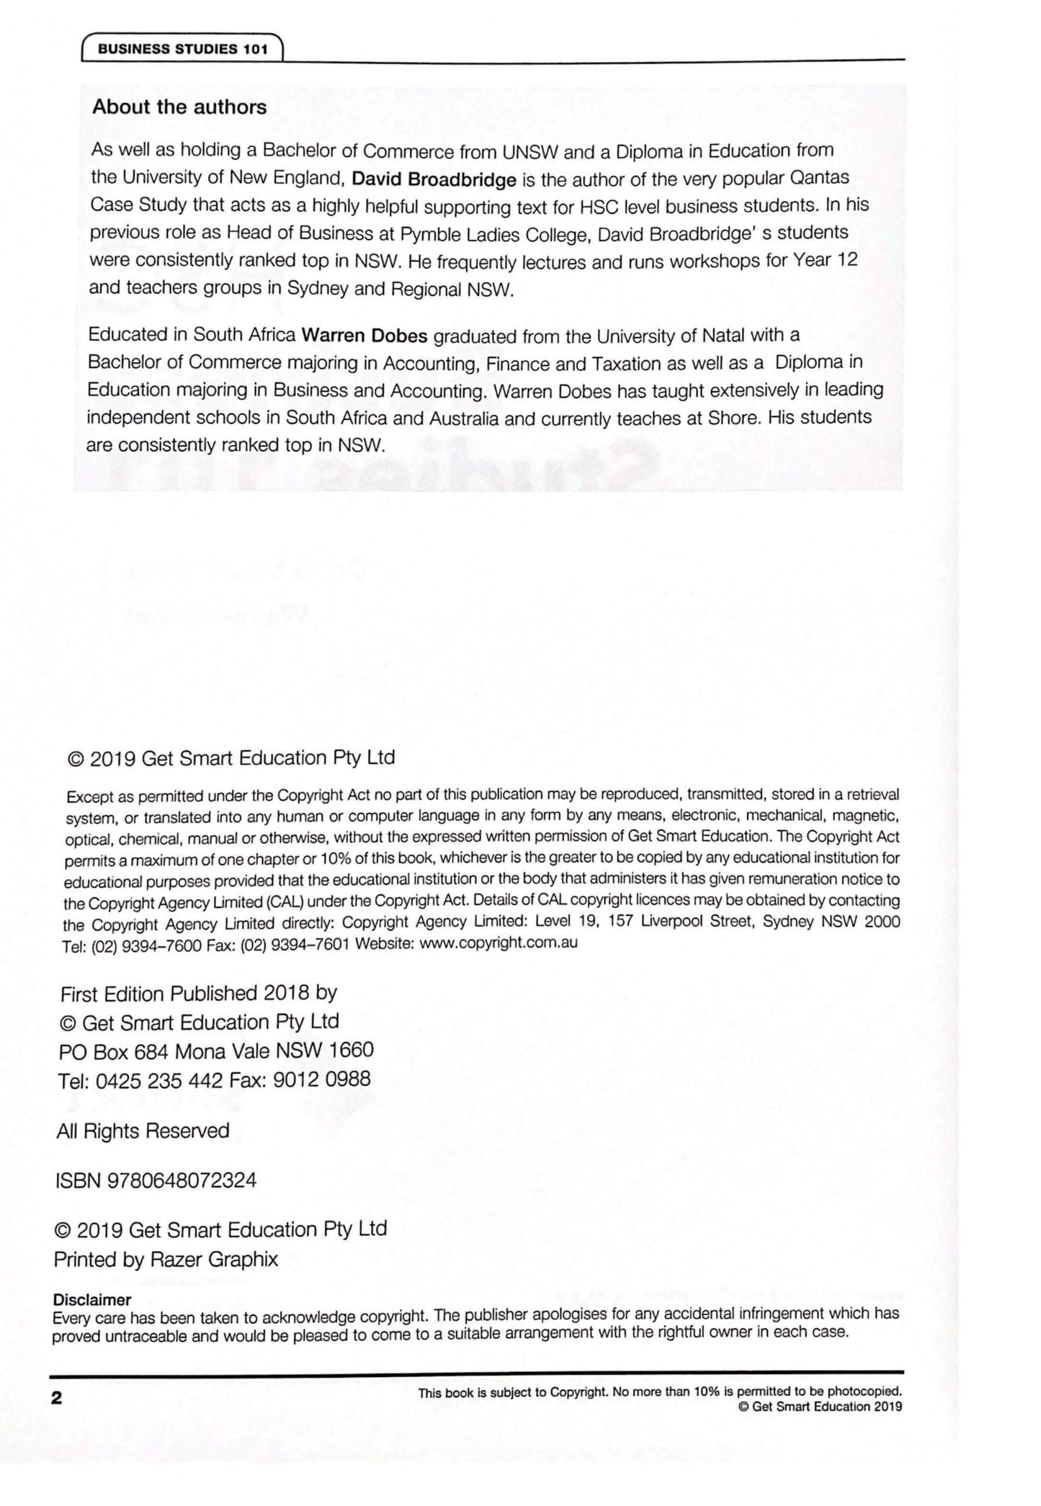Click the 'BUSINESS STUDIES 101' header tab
click(x=182, y=49)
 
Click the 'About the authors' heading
click(x=179, y=107)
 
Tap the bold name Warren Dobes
click(x=365, y=336)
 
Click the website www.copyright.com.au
click(x=498, y=943)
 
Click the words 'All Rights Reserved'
click(x=143, y=1131)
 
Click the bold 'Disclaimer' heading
click(x=92, y=1300)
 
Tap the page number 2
click(x=56, y=1399)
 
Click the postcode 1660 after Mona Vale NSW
click(x=351, y=1050)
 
